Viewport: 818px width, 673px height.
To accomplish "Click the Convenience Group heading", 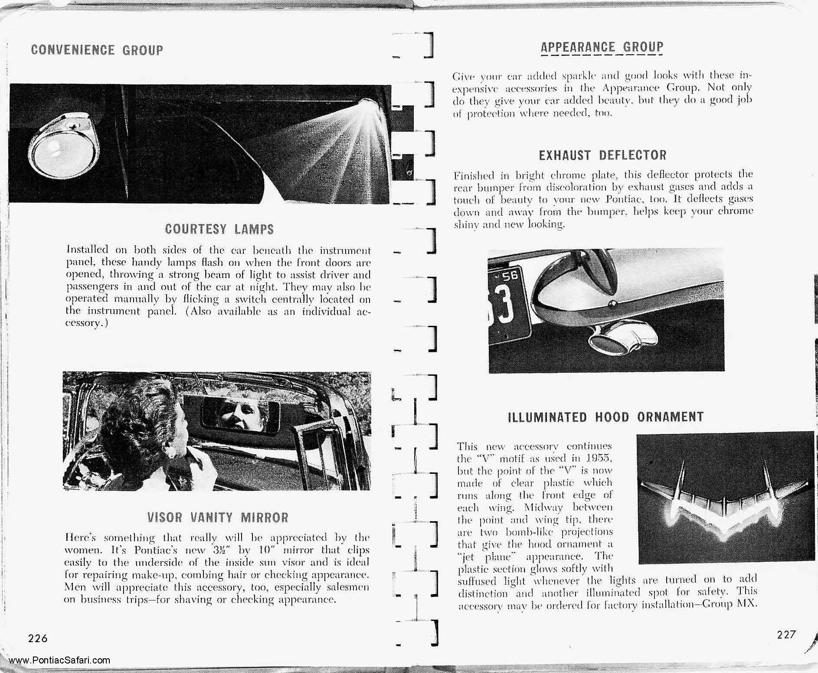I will tap(97, 50).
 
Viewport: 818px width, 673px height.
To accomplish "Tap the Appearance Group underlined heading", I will tap(602, 47).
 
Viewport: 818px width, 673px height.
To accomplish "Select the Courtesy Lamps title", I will tap(219, 229).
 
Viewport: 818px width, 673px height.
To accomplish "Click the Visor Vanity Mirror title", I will tap(218, 517).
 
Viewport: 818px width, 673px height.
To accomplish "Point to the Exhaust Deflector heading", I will tap(602, 155).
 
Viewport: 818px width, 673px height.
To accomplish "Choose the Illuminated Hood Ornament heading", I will tap(605, 417).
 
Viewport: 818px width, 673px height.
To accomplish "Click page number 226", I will tap(38, 638).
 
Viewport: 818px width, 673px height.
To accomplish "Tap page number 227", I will tap(786, 634).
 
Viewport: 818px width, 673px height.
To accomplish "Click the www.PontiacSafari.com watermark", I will tap(59, 660).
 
